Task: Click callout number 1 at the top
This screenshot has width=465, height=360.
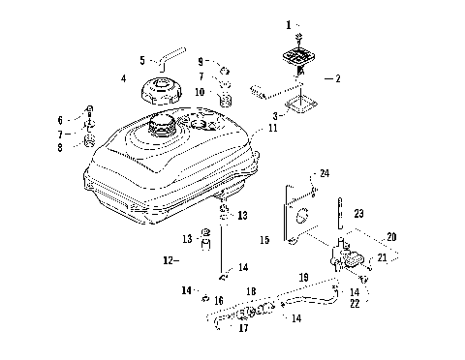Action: tap(287, 22)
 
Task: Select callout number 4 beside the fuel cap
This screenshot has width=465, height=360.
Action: tap(124, 77)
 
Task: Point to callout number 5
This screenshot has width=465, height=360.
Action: tap(141, 59)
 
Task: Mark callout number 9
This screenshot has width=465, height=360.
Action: tap(201, 62)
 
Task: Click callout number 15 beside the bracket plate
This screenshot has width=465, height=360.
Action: tap(265, 236)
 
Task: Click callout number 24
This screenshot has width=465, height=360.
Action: tap(325, 173)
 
